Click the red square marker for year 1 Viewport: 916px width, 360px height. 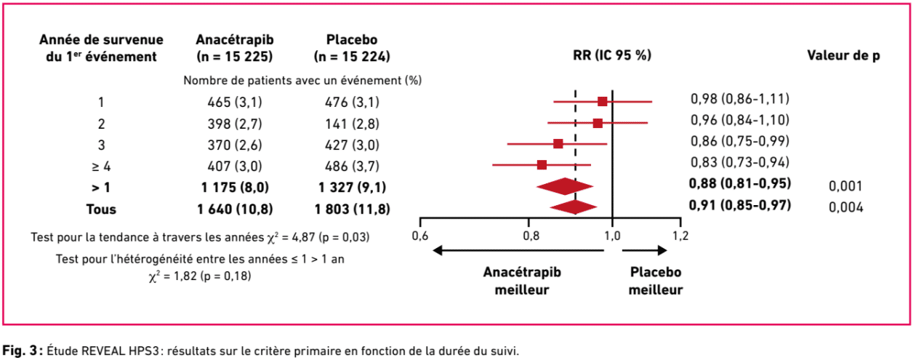coord(602,101)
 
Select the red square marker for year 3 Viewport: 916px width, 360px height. coord(558,143)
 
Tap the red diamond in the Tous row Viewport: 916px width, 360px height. coord(574,207)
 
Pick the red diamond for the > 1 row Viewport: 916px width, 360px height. coord(565,186)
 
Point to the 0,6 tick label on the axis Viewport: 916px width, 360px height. coord(420,236)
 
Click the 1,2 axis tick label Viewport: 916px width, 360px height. coord(680,236)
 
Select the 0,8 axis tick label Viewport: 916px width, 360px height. coord(531,236)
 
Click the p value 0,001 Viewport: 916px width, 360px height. coord(845,186)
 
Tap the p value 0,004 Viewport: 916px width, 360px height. coord(845,208)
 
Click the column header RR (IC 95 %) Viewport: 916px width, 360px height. coord(612,55)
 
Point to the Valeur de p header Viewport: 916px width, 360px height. coord(843,55)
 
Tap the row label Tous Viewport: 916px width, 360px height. coord(101,209)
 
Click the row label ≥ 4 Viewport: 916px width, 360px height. coord(101,166)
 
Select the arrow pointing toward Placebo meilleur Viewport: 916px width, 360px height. coord(643,250)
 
